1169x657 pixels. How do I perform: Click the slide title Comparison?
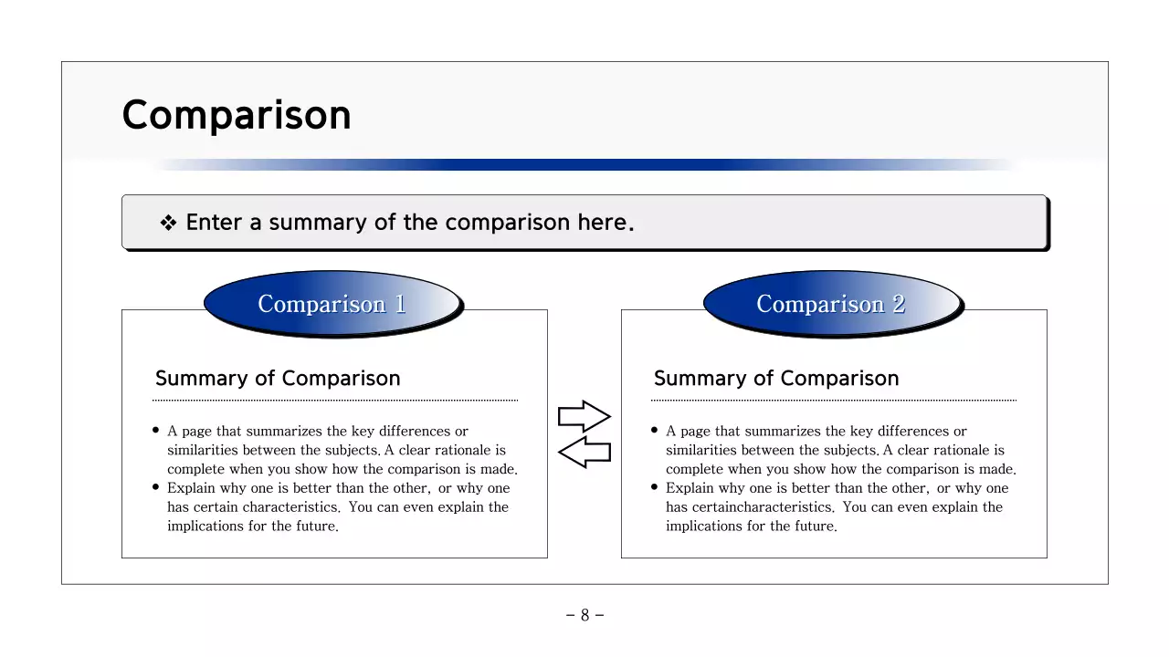(237, 116)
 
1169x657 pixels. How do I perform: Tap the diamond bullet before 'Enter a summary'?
(168, 224)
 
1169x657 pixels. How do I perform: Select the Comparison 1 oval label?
(332, 304)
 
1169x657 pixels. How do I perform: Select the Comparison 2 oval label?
(831, 304)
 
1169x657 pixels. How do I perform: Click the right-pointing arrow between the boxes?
(584, 417)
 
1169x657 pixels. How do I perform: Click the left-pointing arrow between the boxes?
(584, 451)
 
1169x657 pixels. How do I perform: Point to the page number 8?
(584, 615)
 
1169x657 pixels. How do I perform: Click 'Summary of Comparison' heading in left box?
(278, 379)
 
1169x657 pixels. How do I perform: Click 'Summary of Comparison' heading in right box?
(776, 379)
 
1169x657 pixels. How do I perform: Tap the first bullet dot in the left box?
(157, 431)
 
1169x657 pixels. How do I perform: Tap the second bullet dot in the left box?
(157, 487)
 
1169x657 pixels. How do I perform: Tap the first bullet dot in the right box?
(656, 431)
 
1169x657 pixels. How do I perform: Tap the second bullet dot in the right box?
(656, 487)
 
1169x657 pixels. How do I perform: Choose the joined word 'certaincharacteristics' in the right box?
(763, 507)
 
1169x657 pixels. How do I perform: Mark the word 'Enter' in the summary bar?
(212, 223)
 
